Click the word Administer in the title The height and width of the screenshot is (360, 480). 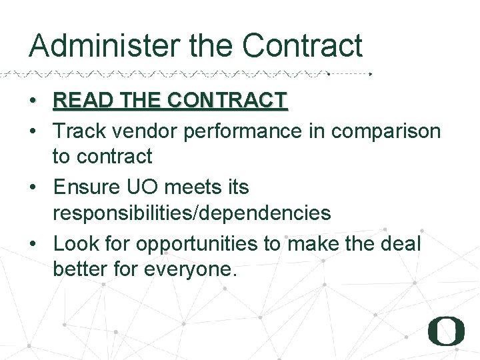(105, 46)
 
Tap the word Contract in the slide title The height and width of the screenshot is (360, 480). (302, 46)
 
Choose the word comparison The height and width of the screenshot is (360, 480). (386, 132)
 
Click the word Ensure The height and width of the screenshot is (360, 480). (85, 187)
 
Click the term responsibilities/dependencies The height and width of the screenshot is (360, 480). (192, 213)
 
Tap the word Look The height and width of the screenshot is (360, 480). (74, 243)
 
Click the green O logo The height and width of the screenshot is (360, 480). (446, 330)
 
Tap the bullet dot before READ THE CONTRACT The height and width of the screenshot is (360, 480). (33, 102)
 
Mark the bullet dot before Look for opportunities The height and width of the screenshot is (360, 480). (33, 245)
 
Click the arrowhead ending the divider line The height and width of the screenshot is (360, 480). (371, 73)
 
